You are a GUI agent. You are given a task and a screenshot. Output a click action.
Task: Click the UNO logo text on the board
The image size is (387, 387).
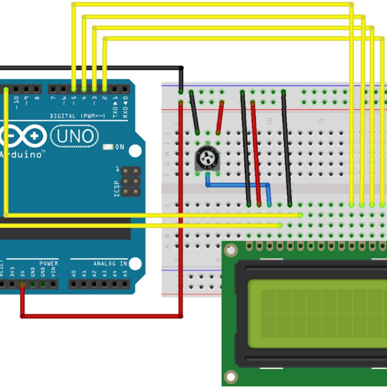click(74, 136)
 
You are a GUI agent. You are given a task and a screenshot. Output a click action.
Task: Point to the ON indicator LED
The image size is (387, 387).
click(108, 147)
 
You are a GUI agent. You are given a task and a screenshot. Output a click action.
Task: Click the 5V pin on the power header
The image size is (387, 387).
click(22, 284)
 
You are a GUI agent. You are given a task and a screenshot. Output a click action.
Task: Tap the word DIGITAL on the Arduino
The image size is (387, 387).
click(63, 116)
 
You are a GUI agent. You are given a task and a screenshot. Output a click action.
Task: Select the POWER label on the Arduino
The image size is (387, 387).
click(49, 263)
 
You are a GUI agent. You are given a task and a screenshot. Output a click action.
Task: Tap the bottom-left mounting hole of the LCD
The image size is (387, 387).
click(231, 376)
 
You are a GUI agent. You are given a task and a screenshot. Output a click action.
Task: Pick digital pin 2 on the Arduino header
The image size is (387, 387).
click(104, 89)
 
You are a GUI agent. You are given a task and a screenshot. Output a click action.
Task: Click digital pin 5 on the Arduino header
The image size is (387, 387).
click(74, 89)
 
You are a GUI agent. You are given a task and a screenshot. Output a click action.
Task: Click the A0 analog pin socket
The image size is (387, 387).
click(74, 284)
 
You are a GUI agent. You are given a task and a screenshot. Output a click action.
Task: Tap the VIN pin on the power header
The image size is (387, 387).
click(53, 284)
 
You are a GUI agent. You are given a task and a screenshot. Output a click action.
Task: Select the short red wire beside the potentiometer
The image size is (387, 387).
click(220, 117)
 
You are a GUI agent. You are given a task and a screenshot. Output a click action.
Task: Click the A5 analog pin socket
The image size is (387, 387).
click(125, 284)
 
